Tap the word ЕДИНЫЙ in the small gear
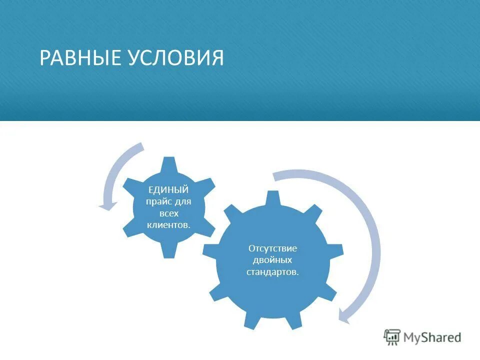(x=168, y=190)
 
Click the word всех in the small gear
(x=169, y=213)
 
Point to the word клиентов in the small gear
(x=168, y=224)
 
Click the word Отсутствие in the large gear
(x=272, y=248)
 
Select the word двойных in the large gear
(x=273, y=260)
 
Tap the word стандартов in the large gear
(x=272, y=272)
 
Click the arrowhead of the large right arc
(x=345, y=315)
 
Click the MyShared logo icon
(x=392, y=337)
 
